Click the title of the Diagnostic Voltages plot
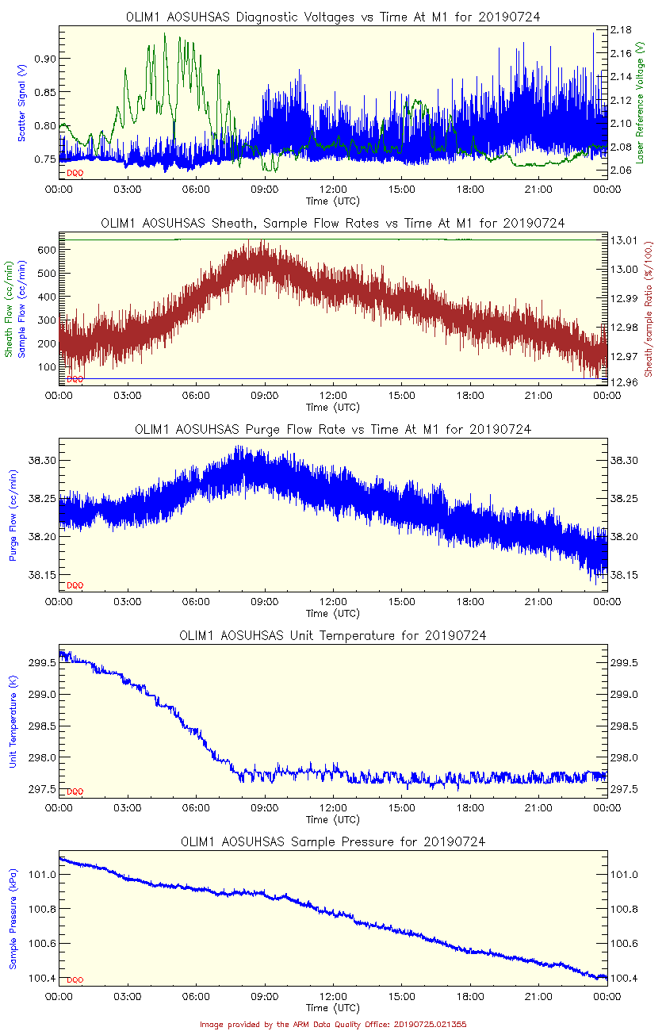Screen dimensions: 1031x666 coord(333,17)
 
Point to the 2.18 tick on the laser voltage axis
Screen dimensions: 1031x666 coord(621,29)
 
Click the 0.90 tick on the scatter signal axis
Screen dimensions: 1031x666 coord(46,59)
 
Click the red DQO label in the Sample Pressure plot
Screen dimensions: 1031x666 coord(75,980)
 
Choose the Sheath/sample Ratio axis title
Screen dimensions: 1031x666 coord(648,309)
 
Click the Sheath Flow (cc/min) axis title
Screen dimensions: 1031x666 coord(10,309)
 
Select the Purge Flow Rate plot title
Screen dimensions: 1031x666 coord(333,429)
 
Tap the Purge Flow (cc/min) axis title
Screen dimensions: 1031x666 coord(13,515)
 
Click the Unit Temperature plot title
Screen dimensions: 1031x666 coord(333,635)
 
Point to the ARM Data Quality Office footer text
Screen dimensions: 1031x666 coord(333,1024)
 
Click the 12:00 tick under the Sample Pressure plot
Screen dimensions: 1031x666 coord(333,997)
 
